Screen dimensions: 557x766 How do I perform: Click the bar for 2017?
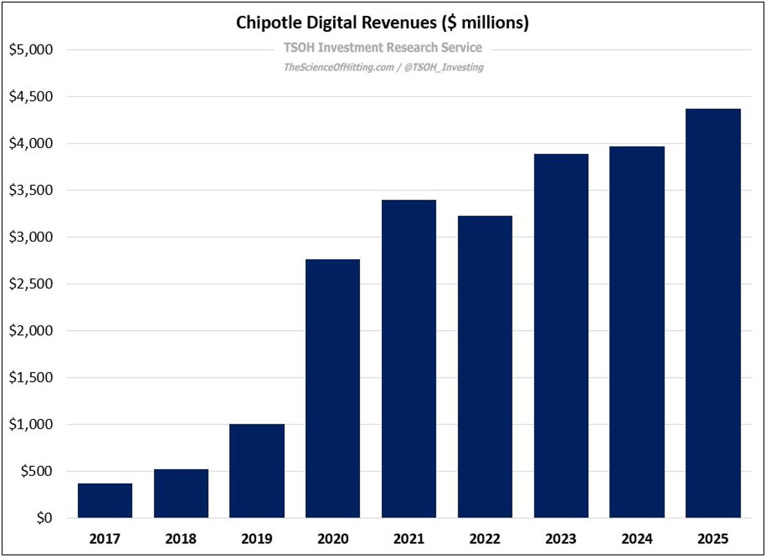click(x=105, y=501)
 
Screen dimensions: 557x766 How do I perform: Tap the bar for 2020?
click(x=333, y=389)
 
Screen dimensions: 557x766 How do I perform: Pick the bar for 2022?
click(x=484, y=367)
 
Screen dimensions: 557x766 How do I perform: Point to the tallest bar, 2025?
click(x=713, y=313)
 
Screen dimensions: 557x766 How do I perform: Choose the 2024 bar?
click(x=637, y=332)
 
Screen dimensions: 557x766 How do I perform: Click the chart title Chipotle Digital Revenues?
click(x=382, y=23)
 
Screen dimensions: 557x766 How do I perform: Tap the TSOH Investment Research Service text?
click(x=382, y=48)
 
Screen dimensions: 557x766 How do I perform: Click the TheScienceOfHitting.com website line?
click(x=383, y=67)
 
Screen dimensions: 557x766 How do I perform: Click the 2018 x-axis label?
click(x=181, y=538)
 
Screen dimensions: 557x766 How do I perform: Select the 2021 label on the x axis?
click(x=409, y=538)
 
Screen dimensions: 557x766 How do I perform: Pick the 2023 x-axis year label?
click(x=561, y=538)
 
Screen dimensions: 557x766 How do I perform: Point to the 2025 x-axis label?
click(x=713, y=538)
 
